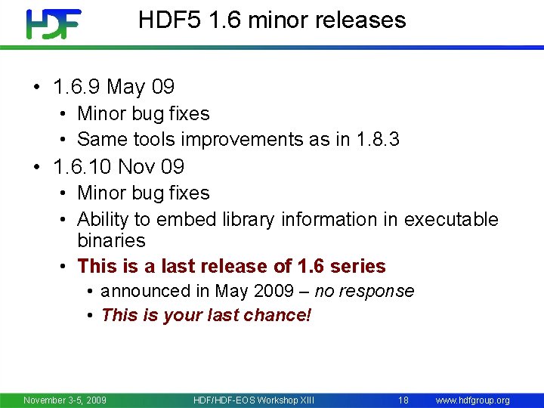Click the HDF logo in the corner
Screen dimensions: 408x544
pyautogui.click(x=52, y=23)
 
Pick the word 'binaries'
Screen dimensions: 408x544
pyautogui.click(x=111, y=240)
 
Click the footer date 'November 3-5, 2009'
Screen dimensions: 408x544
pyautogui.click(x=65, y=400)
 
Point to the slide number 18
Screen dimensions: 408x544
pyautogui.click(x=403, y=400)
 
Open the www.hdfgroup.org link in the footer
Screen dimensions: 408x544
pyautogui.click(x=472, y=400)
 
